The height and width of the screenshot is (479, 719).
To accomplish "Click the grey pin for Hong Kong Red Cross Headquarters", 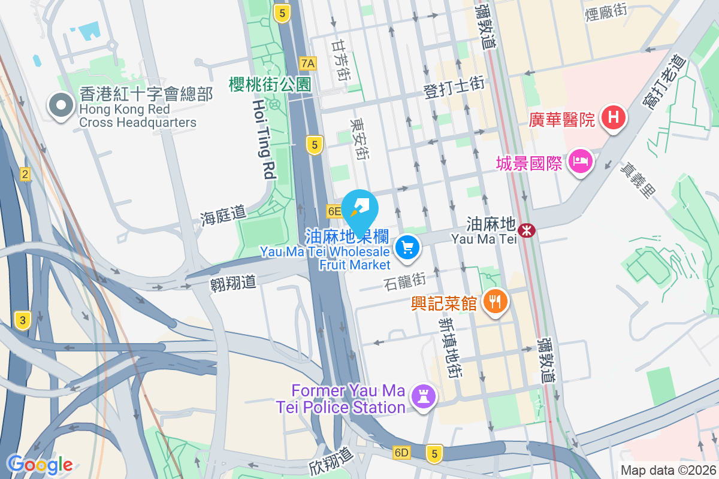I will (61, 106).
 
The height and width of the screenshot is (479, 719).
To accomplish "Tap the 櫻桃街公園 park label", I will (270, 84).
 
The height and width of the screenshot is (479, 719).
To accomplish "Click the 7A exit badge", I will (308, 63).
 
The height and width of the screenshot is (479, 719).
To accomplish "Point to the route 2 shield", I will (25, 174).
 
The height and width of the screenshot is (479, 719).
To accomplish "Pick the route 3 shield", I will (23, 320).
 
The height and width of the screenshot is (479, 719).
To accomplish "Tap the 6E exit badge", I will (334, 211).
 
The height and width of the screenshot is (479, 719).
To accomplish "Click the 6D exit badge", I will (401, 452).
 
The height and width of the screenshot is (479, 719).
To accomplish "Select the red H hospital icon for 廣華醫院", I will (614, 116).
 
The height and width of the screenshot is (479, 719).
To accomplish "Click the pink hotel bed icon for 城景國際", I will (581, 160).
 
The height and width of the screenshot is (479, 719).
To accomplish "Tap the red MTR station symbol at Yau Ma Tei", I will (527, 229).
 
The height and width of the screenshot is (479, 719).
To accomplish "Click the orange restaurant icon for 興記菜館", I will (494, 301).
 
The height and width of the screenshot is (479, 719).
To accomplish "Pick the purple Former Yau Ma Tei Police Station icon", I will (424, 396).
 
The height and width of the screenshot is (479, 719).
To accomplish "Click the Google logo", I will (40, 464).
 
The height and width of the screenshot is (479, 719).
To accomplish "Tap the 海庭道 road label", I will (223, 215).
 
